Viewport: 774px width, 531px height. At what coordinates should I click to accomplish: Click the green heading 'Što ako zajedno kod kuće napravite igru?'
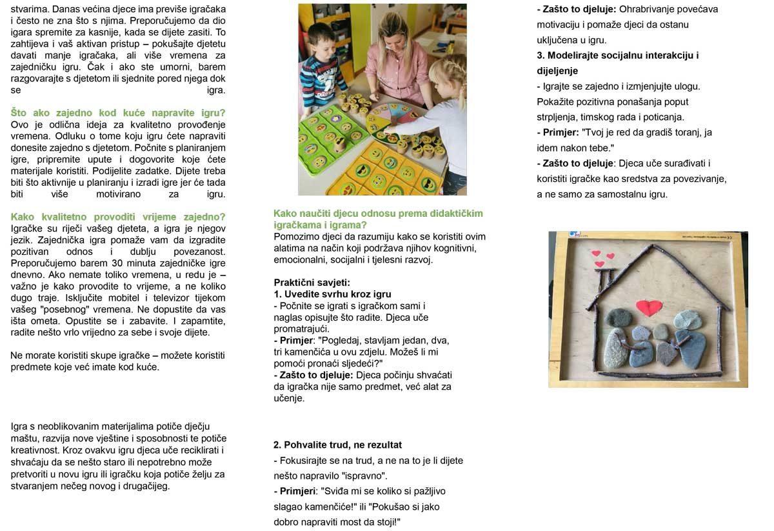coord(119,113)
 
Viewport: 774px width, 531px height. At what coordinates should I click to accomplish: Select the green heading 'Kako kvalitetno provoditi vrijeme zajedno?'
coord(119,216)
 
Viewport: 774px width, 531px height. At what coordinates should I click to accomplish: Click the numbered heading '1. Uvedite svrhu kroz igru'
coord(332,294)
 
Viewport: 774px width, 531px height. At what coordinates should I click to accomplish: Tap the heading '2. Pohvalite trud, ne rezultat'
coord(337,445)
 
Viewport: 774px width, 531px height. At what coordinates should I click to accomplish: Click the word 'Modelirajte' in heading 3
coord(575,55)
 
